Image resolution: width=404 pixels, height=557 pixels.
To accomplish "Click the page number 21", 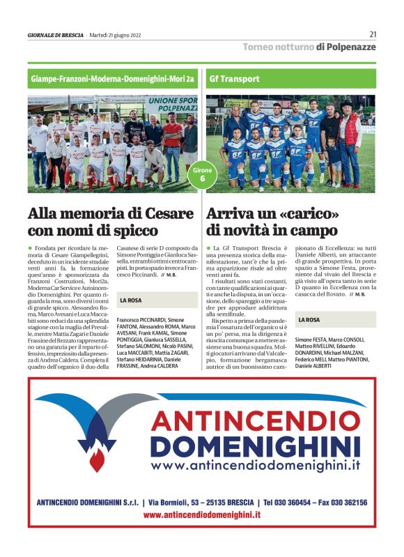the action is pyautogui.click(x=373, y=33).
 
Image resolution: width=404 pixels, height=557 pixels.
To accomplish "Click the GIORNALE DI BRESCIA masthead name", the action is pyautogui.click(x=56, y=35).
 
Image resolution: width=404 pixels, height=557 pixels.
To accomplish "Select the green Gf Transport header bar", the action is pyautogui.click(x=291, y=79).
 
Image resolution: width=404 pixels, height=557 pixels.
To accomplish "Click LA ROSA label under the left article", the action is pyautogui.click(x=132, y=300).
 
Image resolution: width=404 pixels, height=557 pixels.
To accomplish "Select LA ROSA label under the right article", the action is pyautogui.click(x=309, y=319).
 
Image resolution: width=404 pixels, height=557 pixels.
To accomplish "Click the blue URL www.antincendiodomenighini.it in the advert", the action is pyautogui.click(x=256, y=466).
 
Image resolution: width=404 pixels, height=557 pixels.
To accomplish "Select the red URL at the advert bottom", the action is pyautogui.click(x=201, y=514).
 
